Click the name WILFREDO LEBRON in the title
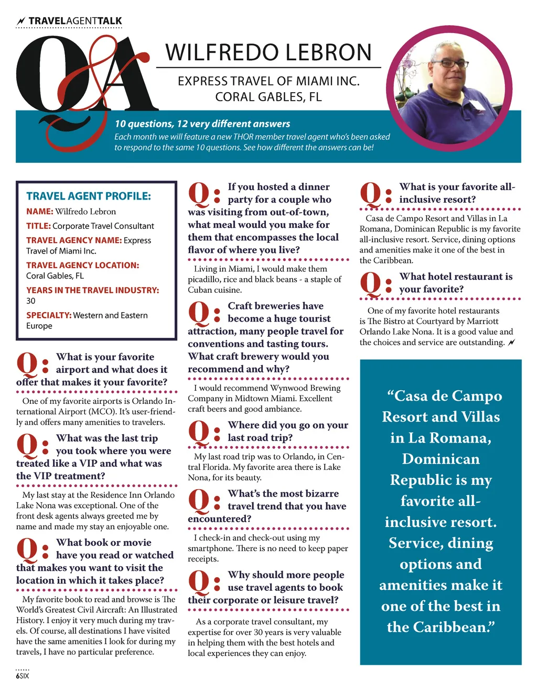(x=268, y=53)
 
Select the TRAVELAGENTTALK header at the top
(x=75, y=21)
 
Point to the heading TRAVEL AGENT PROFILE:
(x=89, y=196)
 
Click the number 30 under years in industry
(x=31, y=301)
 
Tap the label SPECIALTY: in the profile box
(x=49, y=315)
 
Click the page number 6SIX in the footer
(x=23, y=676)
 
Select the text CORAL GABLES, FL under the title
(x=268, y=97)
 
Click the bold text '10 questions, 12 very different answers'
(x=202, y=124)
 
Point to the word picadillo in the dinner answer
(x=203, y=279)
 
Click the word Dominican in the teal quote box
(x=441, y=459)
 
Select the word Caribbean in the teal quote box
(x=441, y=627)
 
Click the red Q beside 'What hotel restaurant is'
(x=371, y=284)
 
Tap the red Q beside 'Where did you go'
(x=199, y=432)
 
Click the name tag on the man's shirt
(x=478, y=104)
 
